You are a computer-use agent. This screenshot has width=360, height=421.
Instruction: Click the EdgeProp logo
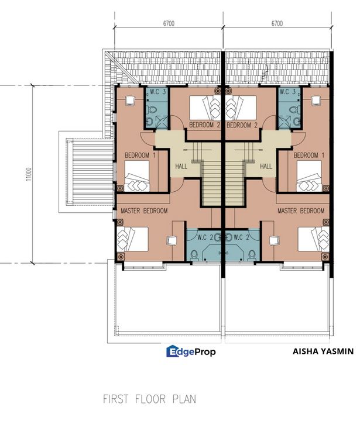191,351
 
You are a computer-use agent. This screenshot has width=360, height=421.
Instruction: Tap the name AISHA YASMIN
323,351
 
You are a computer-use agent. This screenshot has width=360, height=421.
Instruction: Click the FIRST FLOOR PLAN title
149,399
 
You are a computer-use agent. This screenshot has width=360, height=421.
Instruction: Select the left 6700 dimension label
170,24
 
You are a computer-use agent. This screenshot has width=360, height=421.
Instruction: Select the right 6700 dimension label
277,24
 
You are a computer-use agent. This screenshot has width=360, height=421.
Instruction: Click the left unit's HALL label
182,167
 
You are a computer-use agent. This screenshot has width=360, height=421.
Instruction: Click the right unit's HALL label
266,167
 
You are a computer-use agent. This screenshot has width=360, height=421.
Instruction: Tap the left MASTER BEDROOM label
144,210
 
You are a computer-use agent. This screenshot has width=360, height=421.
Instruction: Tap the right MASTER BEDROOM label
301,210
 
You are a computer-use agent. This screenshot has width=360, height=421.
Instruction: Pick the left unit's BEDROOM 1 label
140,156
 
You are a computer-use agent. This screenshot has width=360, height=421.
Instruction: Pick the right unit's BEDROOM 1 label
308,156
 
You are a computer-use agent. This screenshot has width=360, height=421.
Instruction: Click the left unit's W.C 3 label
158,92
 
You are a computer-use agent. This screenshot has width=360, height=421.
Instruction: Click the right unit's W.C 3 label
287,92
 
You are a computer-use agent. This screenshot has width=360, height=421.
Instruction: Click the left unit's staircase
213,181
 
